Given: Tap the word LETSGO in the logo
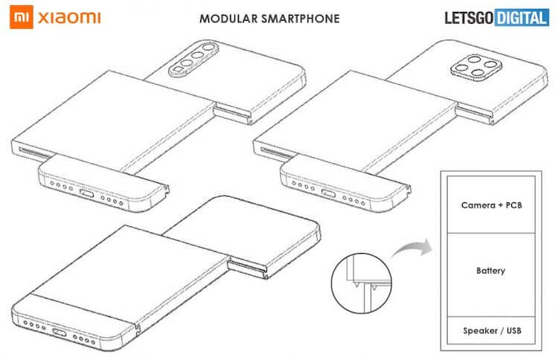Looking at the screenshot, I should coord(469,17).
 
